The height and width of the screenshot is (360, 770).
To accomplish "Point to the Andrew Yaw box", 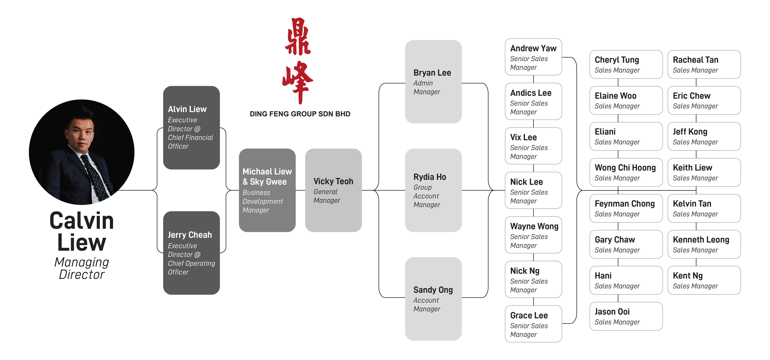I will tap(533, 57).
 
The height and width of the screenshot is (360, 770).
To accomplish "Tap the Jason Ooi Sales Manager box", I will tap(626, 316).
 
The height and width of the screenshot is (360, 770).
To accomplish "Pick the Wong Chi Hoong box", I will tap(626, 172).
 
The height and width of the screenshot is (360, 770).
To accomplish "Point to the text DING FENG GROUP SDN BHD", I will tap(300, 114).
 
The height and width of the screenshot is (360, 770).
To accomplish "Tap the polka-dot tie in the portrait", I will tap(96, 176).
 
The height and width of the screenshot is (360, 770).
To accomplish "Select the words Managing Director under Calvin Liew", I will tap(82, 268).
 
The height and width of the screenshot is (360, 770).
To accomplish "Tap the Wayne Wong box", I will tap(533, 235).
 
